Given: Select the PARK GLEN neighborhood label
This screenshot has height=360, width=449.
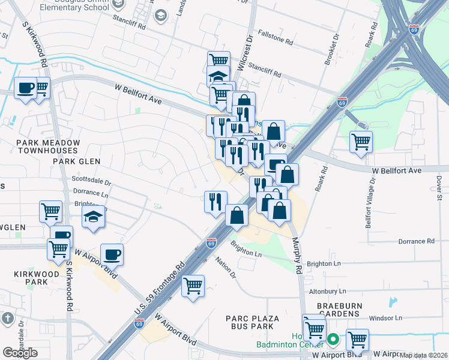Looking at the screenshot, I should point(76,161).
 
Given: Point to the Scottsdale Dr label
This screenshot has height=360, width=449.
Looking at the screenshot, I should point(91,180).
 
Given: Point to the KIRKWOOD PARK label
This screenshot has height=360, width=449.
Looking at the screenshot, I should point(38,278).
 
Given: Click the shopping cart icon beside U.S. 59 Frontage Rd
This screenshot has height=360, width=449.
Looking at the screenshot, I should point(193,286).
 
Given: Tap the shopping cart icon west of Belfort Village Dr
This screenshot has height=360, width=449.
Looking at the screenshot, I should point(360,142).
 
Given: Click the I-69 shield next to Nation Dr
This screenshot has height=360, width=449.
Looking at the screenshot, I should point(211,243).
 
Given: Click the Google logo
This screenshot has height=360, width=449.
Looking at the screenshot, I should point(20,352).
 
